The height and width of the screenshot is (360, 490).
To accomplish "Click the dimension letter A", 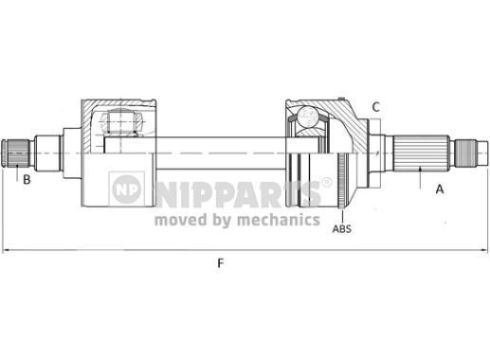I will coord(439,189).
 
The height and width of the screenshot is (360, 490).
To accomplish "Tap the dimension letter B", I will coord(27,179).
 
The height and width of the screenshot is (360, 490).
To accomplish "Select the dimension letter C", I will coord(375,107).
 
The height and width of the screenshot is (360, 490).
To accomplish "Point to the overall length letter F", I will coord(220,263).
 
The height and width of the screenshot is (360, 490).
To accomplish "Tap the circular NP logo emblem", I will coord(127,189).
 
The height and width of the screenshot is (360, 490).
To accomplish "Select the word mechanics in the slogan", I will coord(278,220).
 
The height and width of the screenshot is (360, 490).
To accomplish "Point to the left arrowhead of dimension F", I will coord(6,250).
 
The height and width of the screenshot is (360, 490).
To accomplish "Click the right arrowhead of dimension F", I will coord(484,250).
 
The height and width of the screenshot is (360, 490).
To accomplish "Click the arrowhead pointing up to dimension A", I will coord(419,169).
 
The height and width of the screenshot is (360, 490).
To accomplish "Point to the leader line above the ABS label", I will coord(340,204).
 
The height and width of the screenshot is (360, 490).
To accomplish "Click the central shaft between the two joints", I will coord(218,152).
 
